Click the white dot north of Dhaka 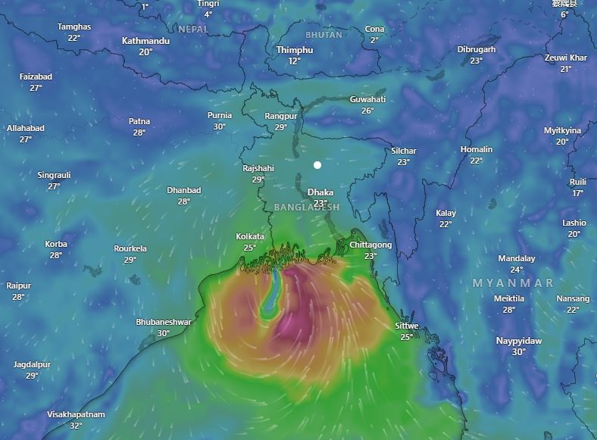tap(317, 165)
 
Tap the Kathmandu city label tap(145, 41)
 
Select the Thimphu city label tap(295, 50)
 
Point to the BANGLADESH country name tap(307, 207)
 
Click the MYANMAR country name tap(513, 282)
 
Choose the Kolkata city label tap(250, 237)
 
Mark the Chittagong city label tap(370, 245)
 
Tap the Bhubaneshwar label tap(164, 322)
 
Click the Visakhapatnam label tap(76, 414)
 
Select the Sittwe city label tap(407, 326)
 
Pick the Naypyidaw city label tap(519, 341)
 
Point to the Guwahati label tap(367, 99)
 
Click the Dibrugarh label tap(477, 50)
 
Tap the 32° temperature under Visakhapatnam tap(76, 426)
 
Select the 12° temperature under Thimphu tap(295, 61)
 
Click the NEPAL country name tap(192, 29)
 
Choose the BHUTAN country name tap(324, 35)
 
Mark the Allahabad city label tap(26, 128)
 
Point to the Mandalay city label tap(517, 258)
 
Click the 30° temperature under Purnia tap(220, 126)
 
